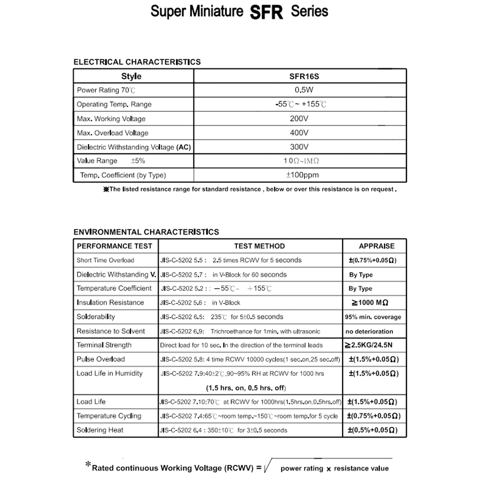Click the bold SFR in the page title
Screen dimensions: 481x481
266,12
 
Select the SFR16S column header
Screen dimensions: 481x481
304,76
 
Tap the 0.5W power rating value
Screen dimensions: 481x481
304,90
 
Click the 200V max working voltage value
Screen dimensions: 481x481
299,118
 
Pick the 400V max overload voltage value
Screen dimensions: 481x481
299,133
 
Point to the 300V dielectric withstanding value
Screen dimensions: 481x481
299,147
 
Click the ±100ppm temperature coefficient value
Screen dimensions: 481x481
302,175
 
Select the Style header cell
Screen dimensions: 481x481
131,76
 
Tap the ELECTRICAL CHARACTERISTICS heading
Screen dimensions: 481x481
137,62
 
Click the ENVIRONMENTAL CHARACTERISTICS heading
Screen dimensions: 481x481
146,232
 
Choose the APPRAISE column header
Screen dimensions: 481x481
377,246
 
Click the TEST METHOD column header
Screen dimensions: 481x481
259,246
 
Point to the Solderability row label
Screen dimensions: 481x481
96,317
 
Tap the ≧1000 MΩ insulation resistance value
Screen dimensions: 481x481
370,303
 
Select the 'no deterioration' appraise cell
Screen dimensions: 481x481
369,331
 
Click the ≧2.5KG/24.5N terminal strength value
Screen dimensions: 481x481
369,345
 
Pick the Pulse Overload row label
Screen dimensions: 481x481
101,359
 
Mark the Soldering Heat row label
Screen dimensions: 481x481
100,430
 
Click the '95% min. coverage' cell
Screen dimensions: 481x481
373,317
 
